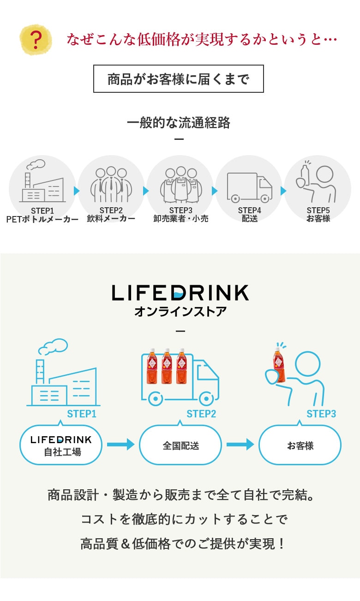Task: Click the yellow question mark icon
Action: (36, 40)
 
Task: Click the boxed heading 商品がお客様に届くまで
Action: (179, 79)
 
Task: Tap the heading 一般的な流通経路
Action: (179, 123)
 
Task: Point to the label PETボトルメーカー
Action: (42, 219)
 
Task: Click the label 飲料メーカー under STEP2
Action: (111, 219)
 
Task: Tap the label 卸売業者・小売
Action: (181, 219)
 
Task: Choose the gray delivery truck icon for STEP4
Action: (249, 187)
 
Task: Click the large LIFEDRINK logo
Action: (180, 293)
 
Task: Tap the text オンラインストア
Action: (180, 312)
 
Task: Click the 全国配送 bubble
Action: (180, 445)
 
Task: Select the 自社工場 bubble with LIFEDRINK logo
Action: (61, 445)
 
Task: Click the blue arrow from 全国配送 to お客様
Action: (240, 445)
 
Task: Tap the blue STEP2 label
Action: (201, 414)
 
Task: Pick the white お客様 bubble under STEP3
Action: (300, 445)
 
